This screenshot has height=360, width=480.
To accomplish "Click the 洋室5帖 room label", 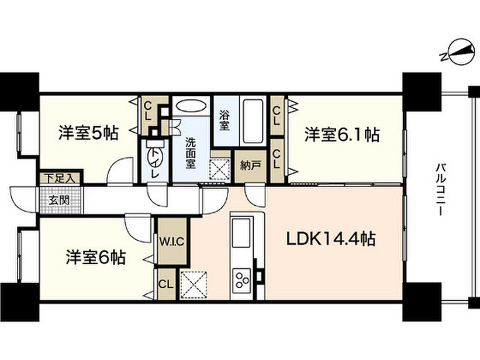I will click(x=88, y=134).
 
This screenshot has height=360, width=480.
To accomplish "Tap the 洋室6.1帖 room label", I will click(x=342, y=135).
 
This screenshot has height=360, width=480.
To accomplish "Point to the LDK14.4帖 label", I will click(x=330, y=240).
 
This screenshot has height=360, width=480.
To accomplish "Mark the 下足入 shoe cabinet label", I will click(x=60, y=178).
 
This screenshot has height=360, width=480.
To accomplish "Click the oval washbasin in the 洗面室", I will click(x=190, y=106).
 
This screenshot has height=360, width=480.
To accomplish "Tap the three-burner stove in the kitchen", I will click(x=242, y=280).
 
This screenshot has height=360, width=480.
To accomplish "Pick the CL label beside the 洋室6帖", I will click(x=165, y=284).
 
